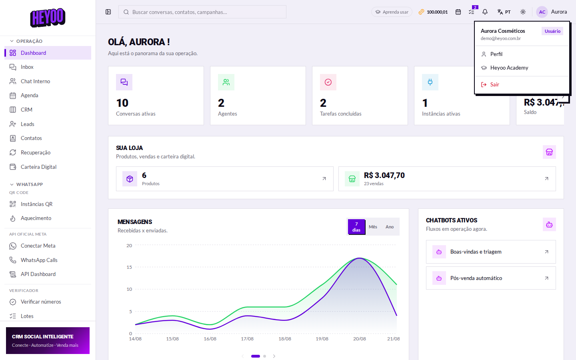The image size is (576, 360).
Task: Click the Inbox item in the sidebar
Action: [x=27, y=67]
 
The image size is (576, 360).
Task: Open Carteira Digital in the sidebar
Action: [x=38, y=167]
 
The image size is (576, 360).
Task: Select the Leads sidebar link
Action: [x=27, y=124]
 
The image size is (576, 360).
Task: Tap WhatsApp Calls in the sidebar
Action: [x=39, y=260]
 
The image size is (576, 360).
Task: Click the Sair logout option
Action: [x=494, y=85]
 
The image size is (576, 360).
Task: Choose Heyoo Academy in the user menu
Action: [x=509, y=68]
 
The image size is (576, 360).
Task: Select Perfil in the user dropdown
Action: [x=496, y=54]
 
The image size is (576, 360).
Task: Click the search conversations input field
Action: [x=202, y=12]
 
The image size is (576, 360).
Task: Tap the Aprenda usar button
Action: [x=392, y=12]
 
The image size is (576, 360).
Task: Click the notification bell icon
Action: [x=485, y=12]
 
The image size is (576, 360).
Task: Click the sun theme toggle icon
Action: [x=523, y=12]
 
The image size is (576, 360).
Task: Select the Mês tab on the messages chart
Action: [x=373, y=227]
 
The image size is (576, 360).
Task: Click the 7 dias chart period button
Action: [x=356, y=227]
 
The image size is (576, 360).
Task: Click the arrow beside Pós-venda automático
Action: [x=546, y=278]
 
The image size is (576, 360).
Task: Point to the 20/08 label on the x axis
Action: [x=359, y=339]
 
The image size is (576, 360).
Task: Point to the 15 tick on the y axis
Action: [x=129, y=267]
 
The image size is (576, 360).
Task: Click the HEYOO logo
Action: [x=48, y=18]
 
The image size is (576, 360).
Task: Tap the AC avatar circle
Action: [x=542, y=12]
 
